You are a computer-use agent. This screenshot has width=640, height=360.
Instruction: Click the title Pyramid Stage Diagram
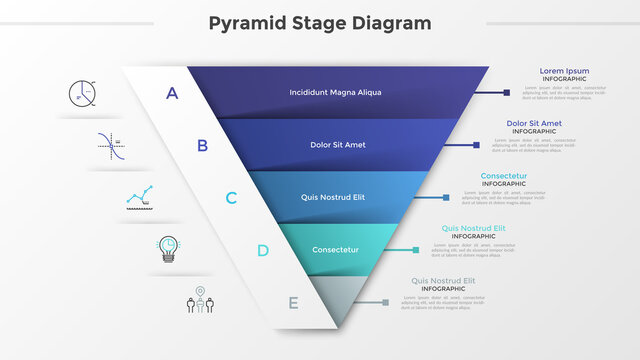click(321, 23)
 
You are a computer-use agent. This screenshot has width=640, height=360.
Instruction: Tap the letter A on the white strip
click(172, 93)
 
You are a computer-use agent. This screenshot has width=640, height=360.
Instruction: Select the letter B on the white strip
click(201, 145)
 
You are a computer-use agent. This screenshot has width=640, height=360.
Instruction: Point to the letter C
click(231, 197)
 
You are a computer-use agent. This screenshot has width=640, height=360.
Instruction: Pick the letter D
click(262, 250)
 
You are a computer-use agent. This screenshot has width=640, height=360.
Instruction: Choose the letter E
click(292, 302)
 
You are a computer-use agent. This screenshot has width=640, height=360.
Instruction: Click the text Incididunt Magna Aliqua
click(335, 93)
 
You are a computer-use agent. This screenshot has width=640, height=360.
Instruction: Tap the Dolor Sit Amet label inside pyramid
click(337, 145)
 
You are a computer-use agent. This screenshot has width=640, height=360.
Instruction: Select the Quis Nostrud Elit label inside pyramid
click(333, 197)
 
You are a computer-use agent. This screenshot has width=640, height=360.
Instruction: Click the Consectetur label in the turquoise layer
click(335, 250)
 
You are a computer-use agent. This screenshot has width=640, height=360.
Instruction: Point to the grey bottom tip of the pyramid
click(330, 300)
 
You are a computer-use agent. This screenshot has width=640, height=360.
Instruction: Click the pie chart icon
click(83, 93)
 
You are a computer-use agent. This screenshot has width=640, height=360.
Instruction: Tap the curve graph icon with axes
click(111, 146)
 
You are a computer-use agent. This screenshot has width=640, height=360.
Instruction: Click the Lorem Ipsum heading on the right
click(564, 71)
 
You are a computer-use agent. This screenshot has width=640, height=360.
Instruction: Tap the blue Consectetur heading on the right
click(503, 176)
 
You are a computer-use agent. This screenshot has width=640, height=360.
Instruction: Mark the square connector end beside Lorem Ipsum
click(507, 93)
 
